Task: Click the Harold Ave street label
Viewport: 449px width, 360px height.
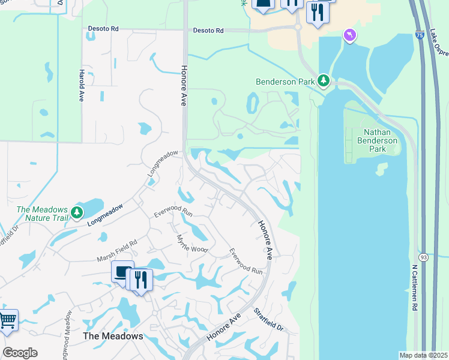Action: (80, 85)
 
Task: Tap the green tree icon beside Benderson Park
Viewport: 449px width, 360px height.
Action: (324, 80)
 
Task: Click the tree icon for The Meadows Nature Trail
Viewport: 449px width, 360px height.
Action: (76, 212)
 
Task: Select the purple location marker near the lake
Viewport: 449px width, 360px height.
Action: (349, 37)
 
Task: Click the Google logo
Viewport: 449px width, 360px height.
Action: (20, 352)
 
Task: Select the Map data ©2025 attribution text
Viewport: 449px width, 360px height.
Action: (423, 355)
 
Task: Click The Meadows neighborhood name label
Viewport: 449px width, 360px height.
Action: (113, 336)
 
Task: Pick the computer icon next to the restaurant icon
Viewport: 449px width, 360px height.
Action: (123, 273)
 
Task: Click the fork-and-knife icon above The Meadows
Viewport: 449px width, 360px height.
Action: (140, 280)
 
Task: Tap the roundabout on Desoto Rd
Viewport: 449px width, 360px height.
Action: (298, 27)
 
